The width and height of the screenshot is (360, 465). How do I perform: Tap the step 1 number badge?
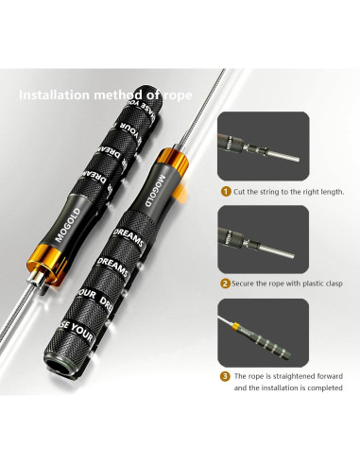pos(225,191)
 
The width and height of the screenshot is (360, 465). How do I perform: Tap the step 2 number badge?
pos(225,283)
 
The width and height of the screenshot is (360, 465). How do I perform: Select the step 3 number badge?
pos(225,375)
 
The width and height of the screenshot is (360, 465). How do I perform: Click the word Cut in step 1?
pos(240,191)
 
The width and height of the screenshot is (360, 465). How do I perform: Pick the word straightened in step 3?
pos(285,375)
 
